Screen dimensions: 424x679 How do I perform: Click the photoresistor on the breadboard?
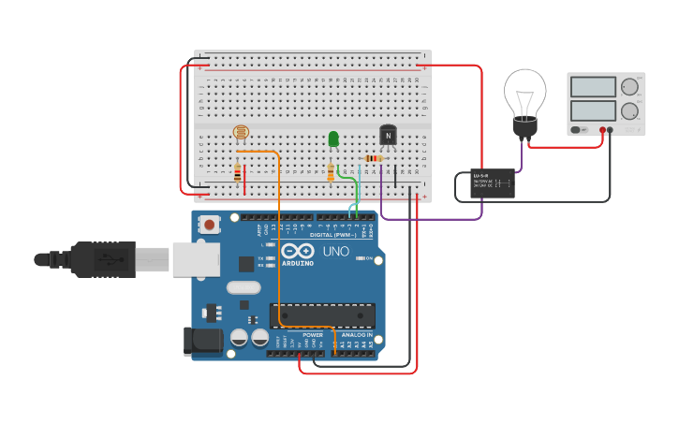pos(241,134)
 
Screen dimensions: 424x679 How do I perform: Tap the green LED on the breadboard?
pos(333,139)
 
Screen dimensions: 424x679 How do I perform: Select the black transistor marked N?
pos(388,136)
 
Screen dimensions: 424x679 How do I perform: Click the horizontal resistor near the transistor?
pos(373,158)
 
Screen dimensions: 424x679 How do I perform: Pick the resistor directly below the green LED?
pos(331,172)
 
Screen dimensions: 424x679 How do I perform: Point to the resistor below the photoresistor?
pos(238,172)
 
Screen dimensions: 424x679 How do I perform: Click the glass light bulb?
pos(524,95)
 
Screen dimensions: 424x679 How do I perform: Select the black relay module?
pos(493,183)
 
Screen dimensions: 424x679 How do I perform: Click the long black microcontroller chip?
pos(323,315)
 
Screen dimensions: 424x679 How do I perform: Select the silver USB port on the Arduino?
pos(195,259)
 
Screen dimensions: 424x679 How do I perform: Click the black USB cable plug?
pos(103,259)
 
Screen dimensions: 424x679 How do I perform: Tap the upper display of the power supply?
pos(592,87)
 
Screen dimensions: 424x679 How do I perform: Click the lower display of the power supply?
pos(592,110)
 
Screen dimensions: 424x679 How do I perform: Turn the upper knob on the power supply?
pos(629,87)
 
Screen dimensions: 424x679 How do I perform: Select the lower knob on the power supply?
pos(629,110)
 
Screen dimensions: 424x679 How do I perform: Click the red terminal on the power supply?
pos(602,130)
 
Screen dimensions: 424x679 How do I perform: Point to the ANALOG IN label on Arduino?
pos(356,334)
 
